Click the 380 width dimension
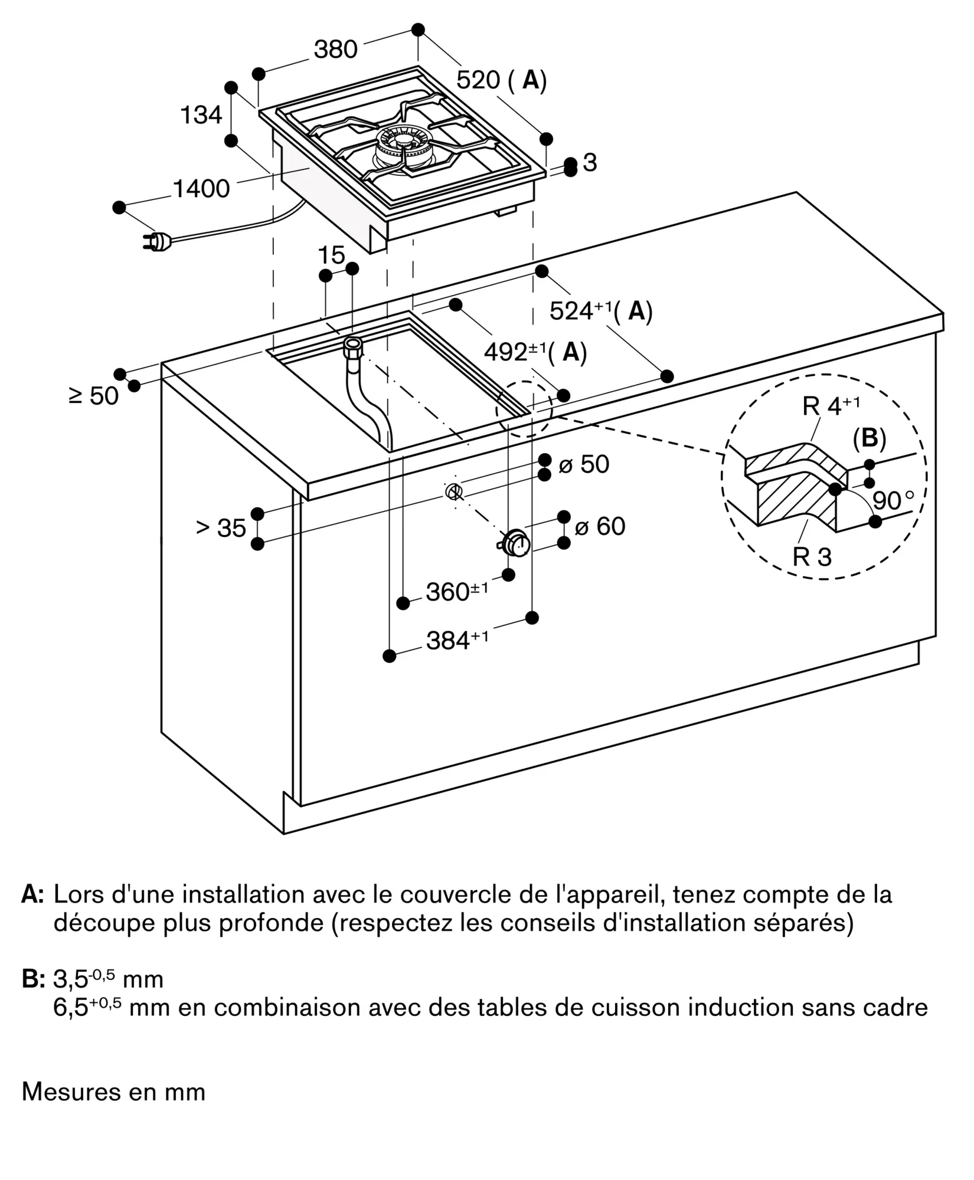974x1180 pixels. pyautogui.click(x=335, y=49)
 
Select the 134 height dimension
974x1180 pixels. pyautogui.click(x=201, y=114)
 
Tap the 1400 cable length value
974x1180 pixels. pyautogui.click(x=201, y=189)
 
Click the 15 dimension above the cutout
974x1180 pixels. pyautogui.click(x=331, y=255)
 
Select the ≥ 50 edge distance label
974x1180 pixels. pyautogui.click(x=94, y=396)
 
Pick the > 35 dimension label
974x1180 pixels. pyautogui.click(x=221, y=528)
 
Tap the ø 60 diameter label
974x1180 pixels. pyautogui.click(x=600, y=526)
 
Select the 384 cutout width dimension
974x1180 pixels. pyautogui.click(x=457, y=640)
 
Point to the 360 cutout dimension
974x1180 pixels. pyautogui.click(x=457, y=591)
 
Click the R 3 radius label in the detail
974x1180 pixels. pyautogui.click(x=812, y=556)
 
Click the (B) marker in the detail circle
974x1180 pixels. pyautogui.click(x=870, y=438)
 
